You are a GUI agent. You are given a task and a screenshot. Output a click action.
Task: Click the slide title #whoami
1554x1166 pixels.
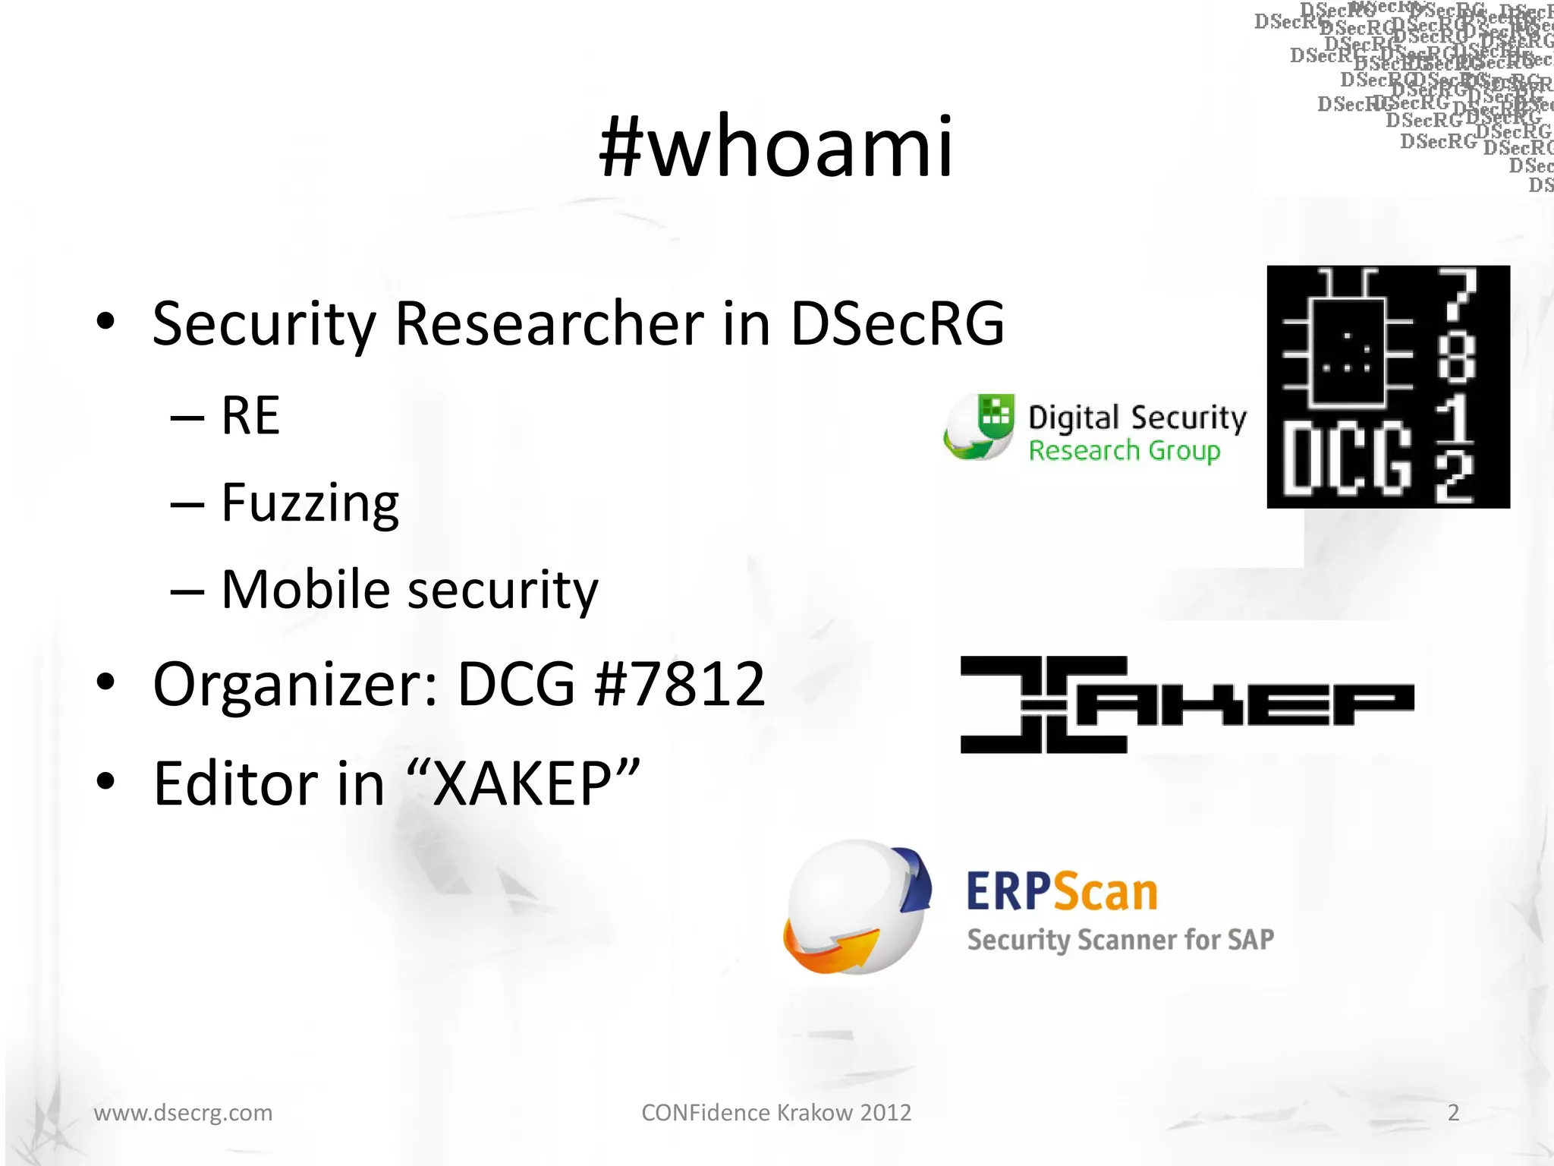coord(775,147)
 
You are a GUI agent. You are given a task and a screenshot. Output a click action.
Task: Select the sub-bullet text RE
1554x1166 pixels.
coord(250,416)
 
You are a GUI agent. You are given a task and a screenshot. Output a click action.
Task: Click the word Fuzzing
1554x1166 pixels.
coord(310,503)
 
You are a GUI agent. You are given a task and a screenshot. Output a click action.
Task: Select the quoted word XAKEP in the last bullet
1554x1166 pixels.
coord(523,783)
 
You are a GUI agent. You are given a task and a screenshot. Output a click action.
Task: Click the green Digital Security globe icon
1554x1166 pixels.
coord(980,427)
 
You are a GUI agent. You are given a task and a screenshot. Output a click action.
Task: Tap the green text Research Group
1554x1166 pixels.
coord(1124,451)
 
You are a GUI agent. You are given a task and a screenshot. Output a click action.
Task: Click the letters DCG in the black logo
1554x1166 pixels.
coord(1347,459)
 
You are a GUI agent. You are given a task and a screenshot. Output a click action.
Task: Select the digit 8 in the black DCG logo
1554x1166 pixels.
coord(1456,357)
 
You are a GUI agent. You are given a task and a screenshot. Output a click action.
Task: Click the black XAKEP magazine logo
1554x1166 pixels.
coord(1187,704)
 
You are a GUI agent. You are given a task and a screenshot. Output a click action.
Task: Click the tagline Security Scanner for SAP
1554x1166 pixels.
coord(1120,940)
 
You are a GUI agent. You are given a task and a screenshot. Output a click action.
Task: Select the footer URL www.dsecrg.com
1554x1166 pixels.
coord(183,1113)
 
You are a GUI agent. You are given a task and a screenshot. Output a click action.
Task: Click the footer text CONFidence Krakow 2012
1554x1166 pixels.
coord(776,1113)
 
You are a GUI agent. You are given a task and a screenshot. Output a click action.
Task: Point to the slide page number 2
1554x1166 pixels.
coord(1453,1113)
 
